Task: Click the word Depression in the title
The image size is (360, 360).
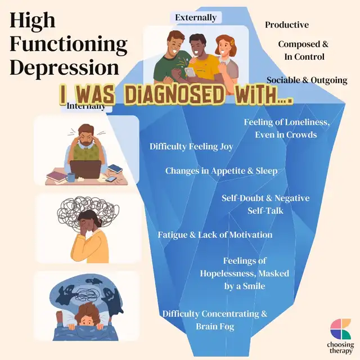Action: coord(64,67)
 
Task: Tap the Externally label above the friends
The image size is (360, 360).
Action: coord(196,17)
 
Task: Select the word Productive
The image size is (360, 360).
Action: coord(287,25)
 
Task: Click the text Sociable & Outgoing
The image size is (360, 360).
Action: coord(307,80)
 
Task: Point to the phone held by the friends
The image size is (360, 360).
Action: coord(190,72)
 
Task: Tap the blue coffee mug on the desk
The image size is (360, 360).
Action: coord(71,177)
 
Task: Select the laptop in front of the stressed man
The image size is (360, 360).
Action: coord(85,169)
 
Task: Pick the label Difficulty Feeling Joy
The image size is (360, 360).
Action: coord(191,146)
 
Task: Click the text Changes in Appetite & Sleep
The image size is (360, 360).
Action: coord(221,171)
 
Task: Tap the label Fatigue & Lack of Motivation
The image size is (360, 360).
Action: coord(215,235)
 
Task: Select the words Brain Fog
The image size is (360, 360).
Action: coord(215,326)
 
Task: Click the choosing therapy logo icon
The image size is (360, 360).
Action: coord(340,328)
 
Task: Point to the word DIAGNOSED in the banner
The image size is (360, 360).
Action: coord(174,94)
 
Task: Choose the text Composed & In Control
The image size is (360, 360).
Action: coord(304,51)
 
